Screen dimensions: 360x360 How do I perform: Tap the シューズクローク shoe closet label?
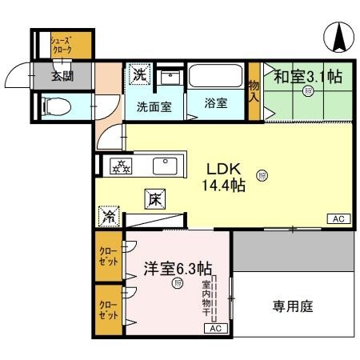coord(62,45)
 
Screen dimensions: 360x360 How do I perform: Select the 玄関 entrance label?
coord(62,77)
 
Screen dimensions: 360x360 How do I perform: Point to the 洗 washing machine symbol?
coord(139,77)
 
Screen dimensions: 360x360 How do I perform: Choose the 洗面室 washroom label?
coord(153,106)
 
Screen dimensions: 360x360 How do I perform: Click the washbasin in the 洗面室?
coord(169,78)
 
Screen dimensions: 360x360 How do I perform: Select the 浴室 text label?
coord(214,105)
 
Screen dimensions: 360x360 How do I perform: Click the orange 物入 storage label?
coord(254,91)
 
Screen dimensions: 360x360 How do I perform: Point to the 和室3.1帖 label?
coord(308,77)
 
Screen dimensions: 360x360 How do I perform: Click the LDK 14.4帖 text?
coord(226,177)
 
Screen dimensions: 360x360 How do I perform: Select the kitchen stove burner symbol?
coord(121,166)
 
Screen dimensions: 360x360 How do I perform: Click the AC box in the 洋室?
coord(214,328)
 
